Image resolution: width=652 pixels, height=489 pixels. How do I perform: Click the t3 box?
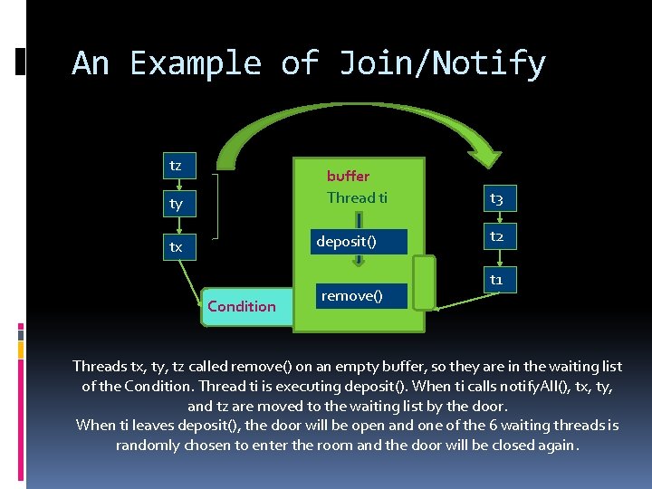click(497, 198)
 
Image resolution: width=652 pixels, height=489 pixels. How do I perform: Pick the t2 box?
click(497, 237)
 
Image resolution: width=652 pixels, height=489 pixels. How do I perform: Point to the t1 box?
click(497, 280)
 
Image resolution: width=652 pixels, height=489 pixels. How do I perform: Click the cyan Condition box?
click(242, 306)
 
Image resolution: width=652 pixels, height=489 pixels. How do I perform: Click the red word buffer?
click(348, 176)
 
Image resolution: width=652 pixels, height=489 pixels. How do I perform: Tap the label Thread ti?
click(357, 197)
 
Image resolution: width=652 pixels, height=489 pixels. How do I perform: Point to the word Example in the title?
click(196, 63)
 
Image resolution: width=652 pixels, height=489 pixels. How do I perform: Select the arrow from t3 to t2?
click(497, 217)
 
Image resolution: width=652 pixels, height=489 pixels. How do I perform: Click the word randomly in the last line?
click(148, 446)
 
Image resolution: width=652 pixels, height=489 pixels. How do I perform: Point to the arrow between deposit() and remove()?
click(359, 260)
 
